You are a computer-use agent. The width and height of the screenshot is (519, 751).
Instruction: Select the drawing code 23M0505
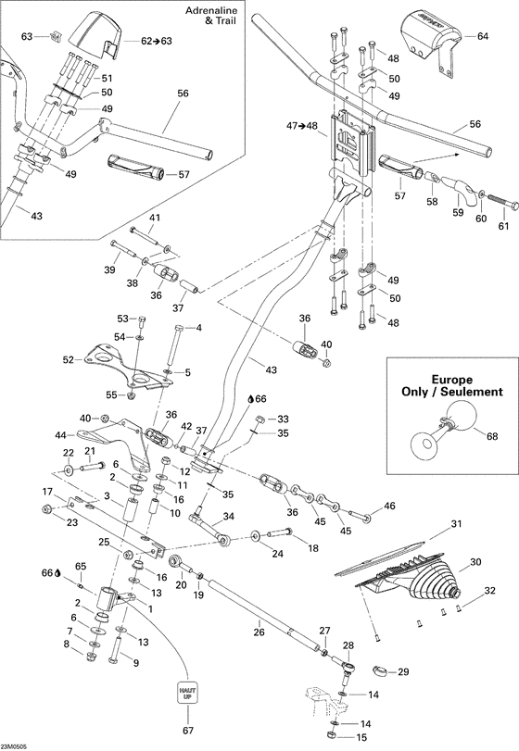[x=15, y=745]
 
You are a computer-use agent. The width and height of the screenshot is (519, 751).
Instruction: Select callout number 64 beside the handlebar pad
[x=482, y=38]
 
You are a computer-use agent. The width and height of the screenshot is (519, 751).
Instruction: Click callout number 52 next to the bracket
[x=68, y=359]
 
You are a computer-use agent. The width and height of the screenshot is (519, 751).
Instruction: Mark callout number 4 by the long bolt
[x=198, y=328]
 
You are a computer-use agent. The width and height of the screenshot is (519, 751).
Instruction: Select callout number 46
[x=389, y=506]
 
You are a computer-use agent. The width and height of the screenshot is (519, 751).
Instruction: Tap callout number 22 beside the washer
[x=67, y=453]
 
